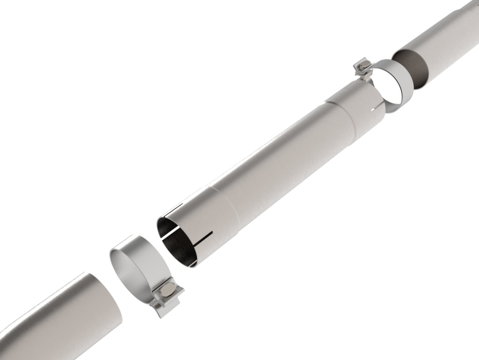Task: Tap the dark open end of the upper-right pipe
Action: pos(414,66)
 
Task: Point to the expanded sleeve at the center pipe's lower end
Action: pos(204,222)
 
